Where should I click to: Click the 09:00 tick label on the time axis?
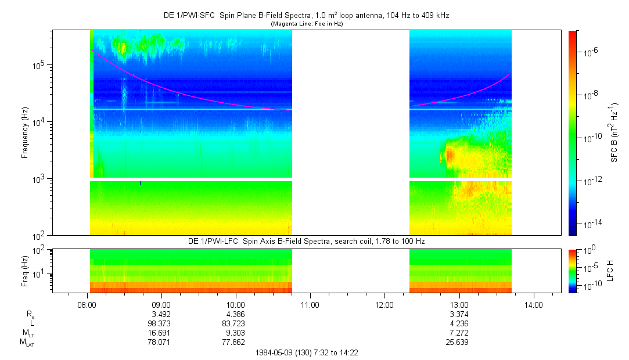(161, 304)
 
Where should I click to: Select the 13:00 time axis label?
(459, 304)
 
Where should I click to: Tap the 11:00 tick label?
(310, 304)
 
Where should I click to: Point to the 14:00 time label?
(534, 304)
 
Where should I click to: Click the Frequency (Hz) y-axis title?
(25, 133)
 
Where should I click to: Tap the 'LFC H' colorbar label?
(610, 271)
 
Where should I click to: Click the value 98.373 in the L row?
(161, 323)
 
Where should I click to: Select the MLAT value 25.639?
(459, 343)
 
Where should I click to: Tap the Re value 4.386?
(235, 314)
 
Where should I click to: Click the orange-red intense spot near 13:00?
(449, 155)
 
